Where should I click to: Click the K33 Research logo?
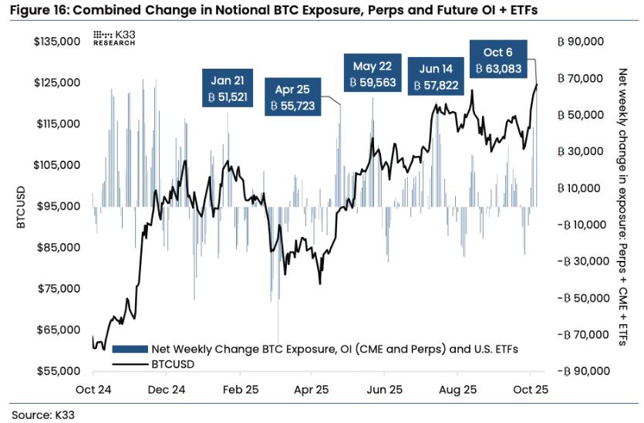(114, 38)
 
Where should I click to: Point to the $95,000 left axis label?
(60, 206)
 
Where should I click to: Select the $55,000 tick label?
(60, 371)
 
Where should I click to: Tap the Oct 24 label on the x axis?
(94, 390)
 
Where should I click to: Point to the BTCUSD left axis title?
(21, 206)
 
